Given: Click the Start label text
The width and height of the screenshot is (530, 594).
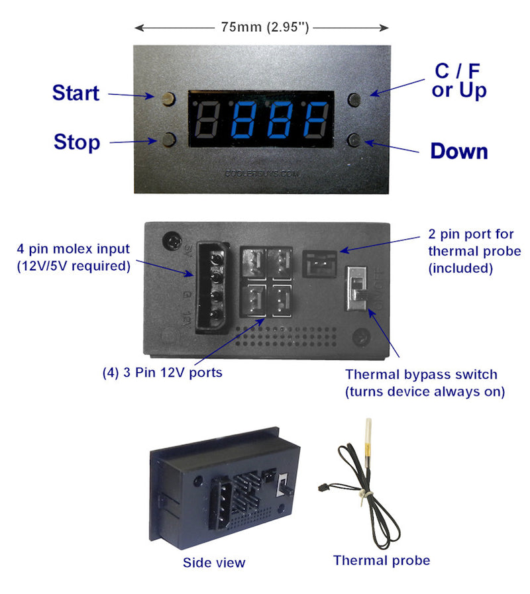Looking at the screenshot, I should [x=76, y=93].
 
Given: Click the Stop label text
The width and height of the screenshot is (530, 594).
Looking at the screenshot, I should [x=77, y=142].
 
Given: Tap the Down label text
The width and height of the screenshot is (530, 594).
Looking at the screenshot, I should [x=458, y=152].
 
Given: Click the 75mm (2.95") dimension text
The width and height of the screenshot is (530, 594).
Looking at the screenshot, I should [x=262, y=28].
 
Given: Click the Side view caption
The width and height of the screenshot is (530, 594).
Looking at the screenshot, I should [x=213, y=563].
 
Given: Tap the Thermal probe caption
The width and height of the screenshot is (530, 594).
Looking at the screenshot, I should [x=381, y=561].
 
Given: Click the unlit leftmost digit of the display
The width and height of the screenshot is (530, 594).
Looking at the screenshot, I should [x=209, y=121].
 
